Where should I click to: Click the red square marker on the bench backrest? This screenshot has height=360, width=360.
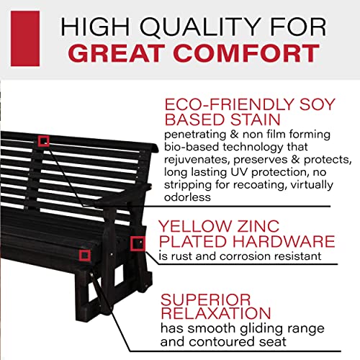(x=44, y=140)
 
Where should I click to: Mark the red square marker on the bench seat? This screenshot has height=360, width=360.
(x=85, y=254)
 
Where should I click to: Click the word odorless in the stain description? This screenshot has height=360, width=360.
(x=187, y=197)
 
